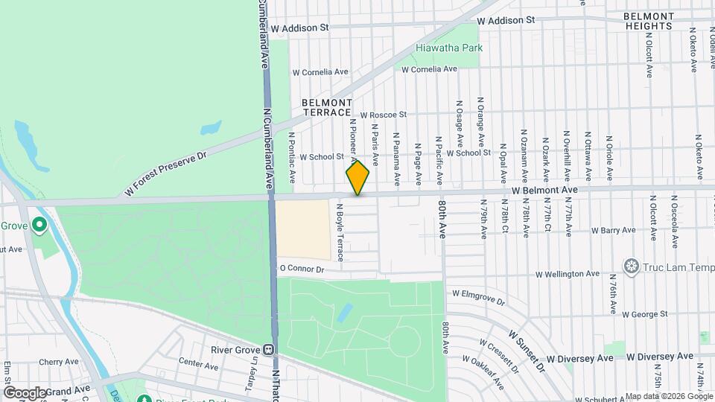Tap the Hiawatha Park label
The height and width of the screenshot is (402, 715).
click(449, 48)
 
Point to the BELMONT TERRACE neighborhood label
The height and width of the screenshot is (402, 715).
click(326, 107)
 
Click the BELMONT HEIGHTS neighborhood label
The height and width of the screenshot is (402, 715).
click(649, 21)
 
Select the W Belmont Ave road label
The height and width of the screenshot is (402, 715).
click(544, 191)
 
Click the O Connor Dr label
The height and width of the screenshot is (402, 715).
click(302, 269)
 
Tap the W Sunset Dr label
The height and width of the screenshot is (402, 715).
click(527, 344)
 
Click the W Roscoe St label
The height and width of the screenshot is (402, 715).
click(383, 115)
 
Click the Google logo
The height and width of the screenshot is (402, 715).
click(25, 392)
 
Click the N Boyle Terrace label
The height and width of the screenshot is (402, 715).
click(340, 232)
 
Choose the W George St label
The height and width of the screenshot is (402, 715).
click(646, 315)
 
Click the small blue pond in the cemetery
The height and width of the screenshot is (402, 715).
click(344, 313)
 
